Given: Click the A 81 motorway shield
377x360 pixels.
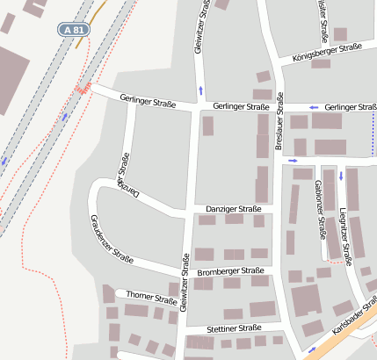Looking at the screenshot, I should coord(75,29).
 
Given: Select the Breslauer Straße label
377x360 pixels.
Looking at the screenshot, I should coord(279,122).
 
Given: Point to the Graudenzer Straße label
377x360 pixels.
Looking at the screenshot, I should coord(111,239).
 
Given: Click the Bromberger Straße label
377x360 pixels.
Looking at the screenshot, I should coord(231,271).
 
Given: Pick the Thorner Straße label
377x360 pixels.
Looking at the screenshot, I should coord(152,297).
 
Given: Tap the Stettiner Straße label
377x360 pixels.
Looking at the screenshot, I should coord(234,328).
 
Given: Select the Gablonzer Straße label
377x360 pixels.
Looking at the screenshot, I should coord(320,210).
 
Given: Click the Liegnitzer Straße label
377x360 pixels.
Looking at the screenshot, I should coord(345,236).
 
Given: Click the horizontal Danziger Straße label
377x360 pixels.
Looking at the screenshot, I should coord(234,209).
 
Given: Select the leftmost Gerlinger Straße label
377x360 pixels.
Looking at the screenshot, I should coord(148,104).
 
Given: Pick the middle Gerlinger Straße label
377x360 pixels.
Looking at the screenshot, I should coord(241,106).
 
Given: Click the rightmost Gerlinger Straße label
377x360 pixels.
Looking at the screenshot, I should coord(350,107).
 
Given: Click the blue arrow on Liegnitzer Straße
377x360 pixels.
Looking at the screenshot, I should coord(340,175).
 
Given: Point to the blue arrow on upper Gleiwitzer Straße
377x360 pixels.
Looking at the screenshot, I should coord(201,90).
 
